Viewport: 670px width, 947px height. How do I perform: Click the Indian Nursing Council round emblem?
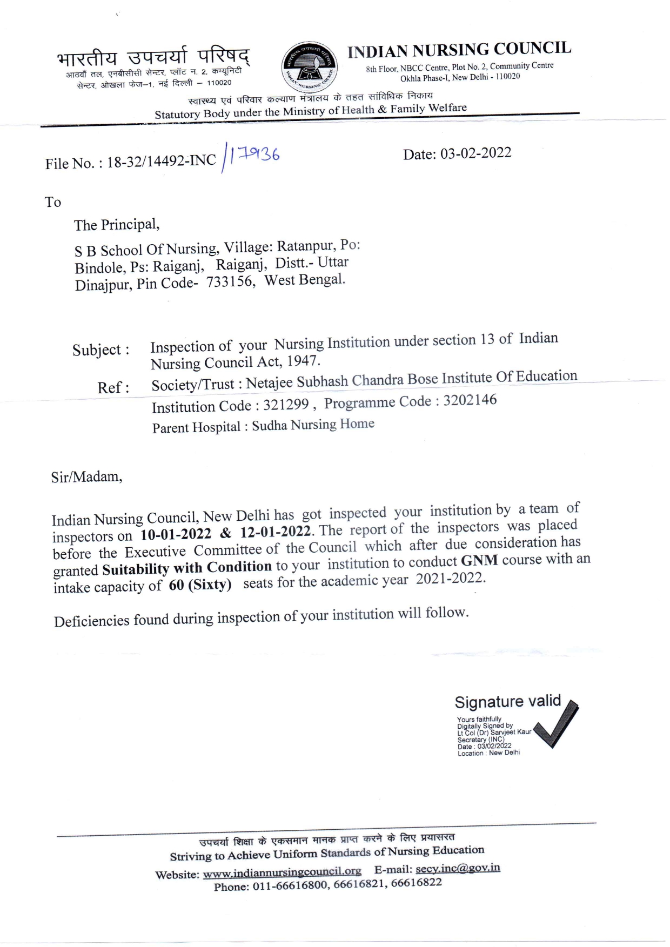coord(310,68)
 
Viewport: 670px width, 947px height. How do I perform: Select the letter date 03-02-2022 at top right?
coord(475,153)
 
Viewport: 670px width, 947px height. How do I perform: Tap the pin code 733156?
coord(230,282)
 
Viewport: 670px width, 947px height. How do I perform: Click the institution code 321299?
coord(286,405)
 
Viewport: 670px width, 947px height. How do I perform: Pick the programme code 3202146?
coord(470,401)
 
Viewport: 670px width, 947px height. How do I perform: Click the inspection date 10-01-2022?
coord(176,534)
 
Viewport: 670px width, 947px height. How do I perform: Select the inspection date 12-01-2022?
coord(276,532)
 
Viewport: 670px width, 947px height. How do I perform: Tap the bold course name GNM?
coord(479,561)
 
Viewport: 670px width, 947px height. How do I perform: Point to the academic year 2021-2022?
coord(450,578)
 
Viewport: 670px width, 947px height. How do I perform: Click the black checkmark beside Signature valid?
coord(557,724)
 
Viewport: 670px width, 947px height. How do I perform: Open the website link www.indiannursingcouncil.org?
coord(282,871)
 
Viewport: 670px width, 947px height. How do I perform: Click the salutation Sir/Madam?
coord(86,477)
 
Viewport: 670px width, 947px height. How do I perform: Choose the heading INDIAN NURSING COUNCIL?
coord(459,50)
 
